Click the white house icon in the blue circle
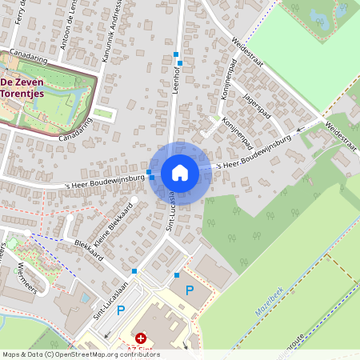(180, 173)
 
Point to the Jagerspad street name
(258, 106)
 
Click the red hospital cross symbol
(141, 339)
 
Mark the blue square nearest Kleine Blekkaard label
(134, 272)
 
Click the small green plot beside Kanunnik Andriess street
(104, 114)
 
